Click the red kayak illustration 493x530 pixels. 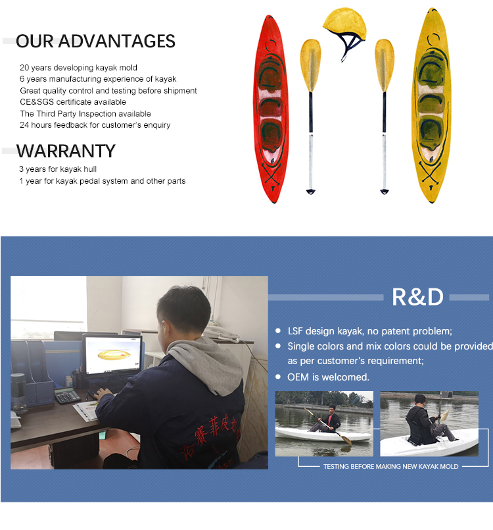click(271, 109)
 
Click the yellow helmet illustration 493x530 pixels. click(345, 27)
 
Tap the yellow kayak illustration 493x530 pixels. click(432, 105)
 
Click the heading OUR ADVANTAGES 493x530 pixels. click(95, 41)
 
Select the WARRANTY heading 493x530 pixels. click(66, 151)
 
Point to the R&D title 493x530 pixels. click(417, 297)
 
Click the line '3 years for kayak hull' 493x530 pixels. click(58, 169)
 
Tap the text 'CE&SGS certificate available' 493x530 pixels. click(73, 102)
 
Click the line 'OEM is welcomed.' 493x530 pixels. click(328, 377)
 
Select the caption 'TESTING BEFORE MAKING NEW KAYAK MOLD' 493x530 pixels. click(390, 466)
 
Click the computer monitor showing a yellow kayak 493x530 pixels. click(112, 354)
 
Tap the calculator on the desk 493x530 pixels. click(67, 395)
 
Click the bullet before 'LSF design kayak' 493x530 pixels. click(277, 331)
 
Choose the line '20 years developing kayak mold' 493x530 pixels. click(78, 68)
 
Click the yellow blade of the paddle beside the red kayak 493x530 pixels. click(310, 65)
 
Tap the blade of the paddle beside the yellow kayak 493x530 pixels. click(385, 65)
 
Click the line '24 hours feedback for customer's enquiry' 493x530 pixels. click(95, 125)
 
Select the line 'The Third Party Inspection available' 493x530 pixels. click(85, 113)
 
